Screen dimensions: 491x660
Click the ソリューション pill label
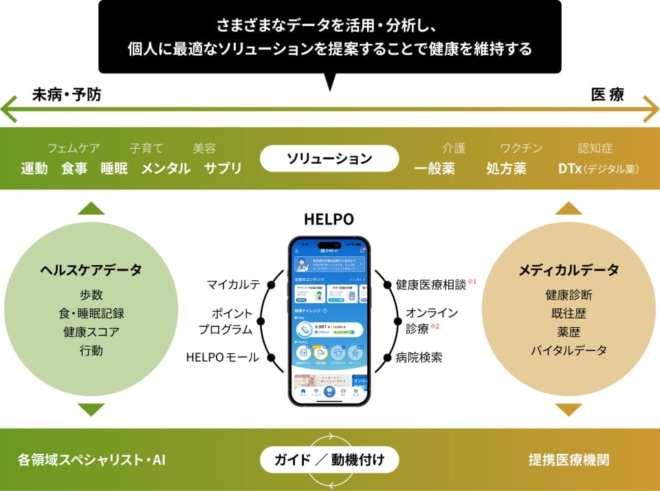pyautogui.click(x=329, y=158)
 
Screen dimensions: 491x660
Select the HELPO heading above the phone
pyautogui.click(x=329, y=219)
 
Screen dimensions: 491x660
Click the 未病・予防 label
pyautogui.click(x=67, y=95)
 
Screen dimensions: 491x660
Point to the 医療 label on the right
pyautogui.click(x=608, y=95)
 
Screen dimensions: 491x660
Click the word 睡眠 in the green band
pyautogui.click(x=114, y=168)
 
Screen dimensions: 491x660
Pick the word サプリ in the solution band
pyautogui.click(x=223, y=168)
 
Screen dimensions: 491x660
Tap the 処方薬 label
pyautogui.click(x=506, y=168)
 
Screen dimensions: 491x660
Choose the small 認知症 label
pyautogui.click(x=595, y=148)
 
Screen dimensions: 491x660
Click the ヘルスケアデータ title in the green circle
pyautogui.click(x=91, y=270)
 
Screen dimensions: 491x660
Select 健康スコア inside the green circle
pyautogui.click(x=91, y=332)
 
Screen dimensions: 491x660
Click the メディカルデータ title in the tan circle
pyautogui.click(x=569, y=270)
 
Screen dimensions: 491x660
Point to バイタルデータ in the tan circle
pyautogui.click(x=569, y=351)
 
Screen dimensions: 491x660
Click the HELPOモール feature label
pyautogui.click(x=223, y=357)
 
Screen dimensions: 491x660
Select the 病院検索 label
pyautogui.click(x=419, y=357)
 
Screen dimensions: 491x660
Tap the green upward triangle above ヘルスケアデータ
pyautogui.click(x=91, y=208)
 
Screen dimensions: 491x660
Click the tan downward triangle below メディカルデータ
pyautogui.click(x=569, y=410)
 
